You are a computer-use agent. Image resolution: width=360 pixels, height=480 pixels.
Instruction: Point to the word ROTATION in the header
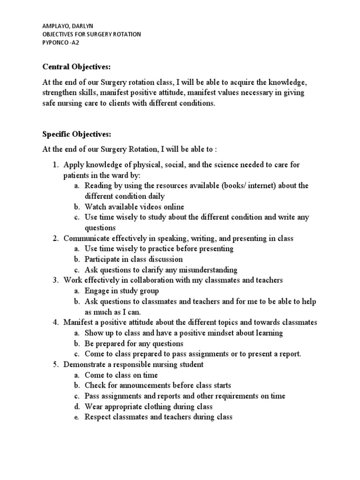coord(124,35)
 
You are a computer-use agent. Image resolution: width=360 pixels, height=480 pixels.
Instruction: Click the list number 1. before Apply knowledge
coord(55,165)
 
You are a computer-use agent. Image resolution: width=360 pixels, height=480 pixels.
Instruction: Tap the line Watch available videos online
coord(134,207)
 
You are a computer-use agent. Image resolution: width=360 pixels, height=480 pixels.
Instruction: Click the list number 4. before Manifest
coord(55,322)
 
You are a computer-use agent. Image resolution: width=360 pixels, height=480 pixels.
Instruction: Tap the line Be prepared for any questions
coord(134,344)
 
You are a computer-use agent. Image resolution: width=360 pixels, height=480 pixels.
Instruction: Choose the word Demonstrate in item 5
coord(86,364)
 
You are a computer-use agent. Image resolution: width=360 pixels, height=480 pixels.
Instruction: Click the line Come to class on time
coord(121,375)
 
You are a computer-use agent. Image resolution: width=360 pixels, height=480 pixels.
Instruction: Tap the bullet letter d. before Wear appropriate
coord(77,406)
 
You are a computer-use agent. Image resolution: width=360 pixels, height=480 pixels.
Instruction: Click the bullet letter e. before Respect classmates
coord(77,417)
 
